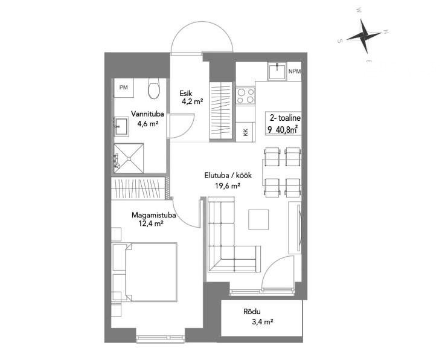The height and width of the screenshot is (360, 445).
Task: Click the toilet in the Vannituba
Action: pyautogui.click(x=154, y=88)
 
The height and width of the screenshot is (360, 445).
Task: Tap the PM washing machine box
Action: pyautogui.click(x=124, y=88)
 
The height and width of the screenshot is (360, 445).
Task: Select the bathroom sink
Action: pyautogui.click(x=121, y=126)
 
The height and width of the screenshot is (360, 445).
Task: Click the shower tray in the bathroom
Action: pyautogui.click(x=129, y=158)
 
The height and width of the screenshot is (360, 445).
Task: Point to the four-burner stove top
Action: pyautogui.click(x=246, y=95)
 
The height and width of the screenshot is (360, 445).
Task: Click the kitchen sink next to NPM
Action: pyautogui.click(x=276, y=71)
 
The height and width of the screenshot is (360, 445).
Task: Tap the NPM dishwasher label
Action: pyautogui.click(x=294, y=71)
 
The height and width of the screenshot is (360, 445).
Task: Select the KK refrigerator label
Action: pyautogui.click(x=246, y=132)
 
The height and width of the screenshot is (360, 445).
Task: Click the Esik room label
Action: pyautogui.click(x=186, y=93)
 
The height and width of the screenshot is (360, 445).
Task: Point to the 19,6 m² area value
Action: pyautogui.click(x=228, y=185)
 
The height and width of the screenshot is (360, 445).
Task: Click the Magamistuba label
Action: pyautogui.click(x=153, y=215)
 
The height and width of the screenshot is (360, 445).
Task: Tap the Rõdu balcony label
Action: pyautogui.click(x=252, y=312)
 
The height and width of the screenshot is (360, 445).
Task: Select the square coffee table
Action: pyautogui.click(x=258, y=219)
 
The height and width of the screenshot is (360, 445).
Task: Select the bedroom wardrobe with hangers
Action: pyautogui.click(x=138, y=188)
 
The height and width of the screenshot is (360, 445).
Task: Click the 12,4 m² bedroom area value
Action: pyautogui.click(x=151, y=223)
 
